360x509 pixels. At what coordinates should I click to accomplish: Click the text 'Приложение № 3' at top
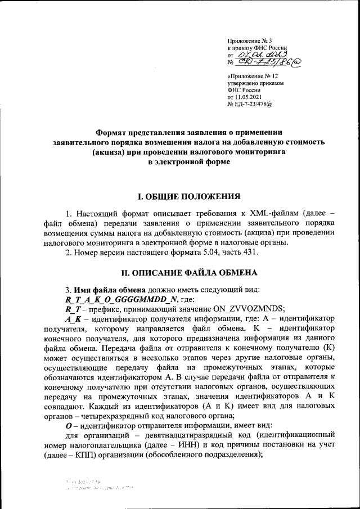[249, 41]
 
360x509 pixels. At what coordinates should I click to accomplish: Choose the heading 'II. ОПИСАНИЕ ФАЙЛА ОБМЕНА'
[190, 273]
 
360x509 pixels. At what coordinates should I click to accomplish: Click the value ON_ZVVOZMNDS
[240, 309]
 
